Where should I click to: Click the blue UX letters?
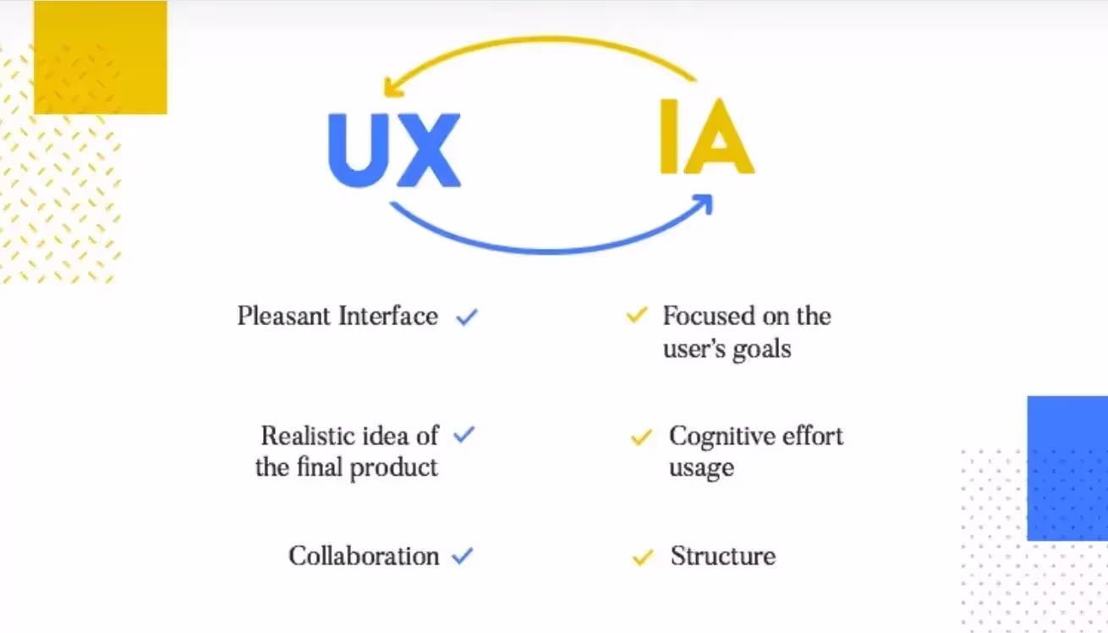[x=394, y=151]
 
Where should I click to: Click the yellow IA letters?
[x=706, y=138]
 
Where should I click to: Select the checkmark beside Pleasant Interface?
[x=467, y=317]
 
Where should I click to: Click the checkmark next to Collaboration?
[x=462, y=556]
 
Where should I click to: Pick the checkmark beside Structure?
[x=643, y=557]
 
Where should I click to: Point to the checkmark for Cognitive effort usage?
[x=641, y=438]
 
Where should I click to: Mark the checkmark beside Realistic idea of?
[x=464, y=435]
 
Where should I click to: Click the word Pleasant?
[x=283, y=316]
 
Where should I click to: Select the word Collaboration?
[x=364, y=556]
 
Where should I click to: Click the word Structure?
[x=722, y=556]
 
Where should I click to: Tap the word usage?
[x=701, y=469]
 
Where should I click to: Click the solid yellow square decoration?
[x=101, y=57]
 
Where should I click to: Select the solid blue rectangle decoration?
[x=1067, y=467]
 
